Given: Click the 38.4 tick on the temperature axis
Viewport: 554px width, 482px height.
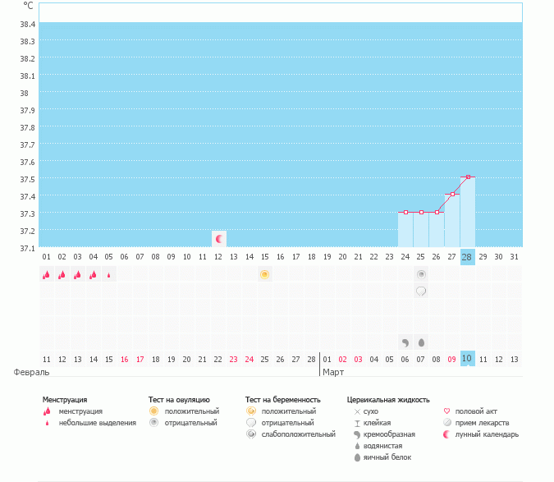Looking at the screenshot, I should [x=27, y=24].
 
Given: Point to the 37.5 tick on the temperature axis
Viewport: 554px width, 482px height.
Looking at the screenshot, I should [x=27, y=179].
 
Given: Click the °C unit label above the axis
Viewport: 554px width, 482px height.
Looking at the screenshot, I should [x=28, y=6].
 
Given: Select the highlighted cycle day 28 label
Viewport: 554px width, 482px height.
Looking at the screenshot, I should [x=467, y=257].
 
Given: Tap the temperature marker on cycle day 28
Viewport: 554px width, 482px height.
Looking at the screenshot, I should [x=468, y=177].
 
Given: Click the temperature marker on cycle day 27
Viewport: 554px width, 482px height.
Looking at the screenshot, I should [x=452, y=195].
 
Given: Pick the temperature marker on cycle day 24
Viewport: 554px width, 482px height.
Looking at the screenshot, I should [x=405, y=213].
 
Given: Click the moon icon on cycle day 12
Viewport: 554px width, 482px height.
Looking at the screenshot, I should [x=218, y=239].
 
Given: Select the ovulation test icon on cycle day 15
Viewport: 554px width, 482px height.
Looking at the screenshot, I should [x=264, y=274].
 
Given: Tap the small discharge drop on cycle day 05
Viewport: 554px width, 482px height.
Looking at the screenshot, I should [x=109, y=275].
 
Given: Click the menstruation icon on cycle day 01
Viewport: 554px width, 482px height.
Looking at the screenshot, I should [x=47, y=275].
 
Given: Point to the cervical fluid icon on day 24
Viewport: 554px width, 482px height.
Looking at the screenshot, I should [x=405, y=342].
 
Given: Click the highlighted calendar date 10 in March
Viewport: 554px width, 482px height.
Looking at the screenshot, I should [x=467, y=359].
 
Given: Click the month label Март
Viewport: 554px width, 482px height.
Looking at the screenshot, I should [x=333, y=372].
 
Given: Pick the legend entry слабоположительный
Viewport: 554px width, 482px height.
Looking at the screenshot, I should [x=298, y=434].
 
